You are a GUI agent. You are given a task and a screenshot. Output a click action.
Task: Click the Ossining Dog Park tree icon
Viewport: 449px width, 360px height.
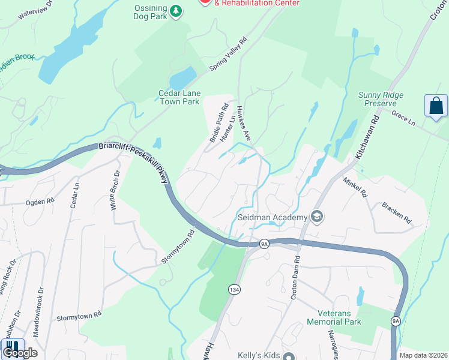click(175, 11)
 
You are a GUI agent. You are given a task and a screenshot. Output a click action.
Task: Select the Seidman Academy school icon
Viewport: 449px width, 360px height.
click(317, 217)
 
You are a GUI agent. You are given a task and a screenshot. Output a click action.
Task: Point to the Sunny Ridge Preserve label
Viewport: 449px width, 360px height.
click(381, 99)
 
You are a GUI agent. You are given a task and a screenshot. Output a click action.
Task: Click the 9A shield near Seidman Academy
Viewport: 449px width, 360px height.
click(264, 244)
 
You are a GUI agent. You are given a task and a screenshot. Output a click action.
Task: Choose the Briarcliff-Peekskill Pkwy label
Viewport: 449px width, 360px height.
click(132, 157)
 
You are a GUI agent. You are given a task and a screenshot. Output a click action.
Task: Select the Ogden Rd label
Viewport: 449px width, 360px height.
click(40, 202)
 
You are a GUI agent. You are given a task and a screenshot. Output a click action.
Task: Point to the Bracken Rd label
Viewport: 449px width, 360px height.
click(396, 211)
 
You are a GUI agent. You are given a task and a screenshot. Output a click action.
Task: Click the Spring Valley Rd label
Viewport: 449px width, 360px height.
click(229, 56)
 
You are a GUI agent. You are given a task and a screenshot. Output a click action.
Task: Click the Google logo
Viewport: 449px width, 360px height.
click(20, 353)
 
